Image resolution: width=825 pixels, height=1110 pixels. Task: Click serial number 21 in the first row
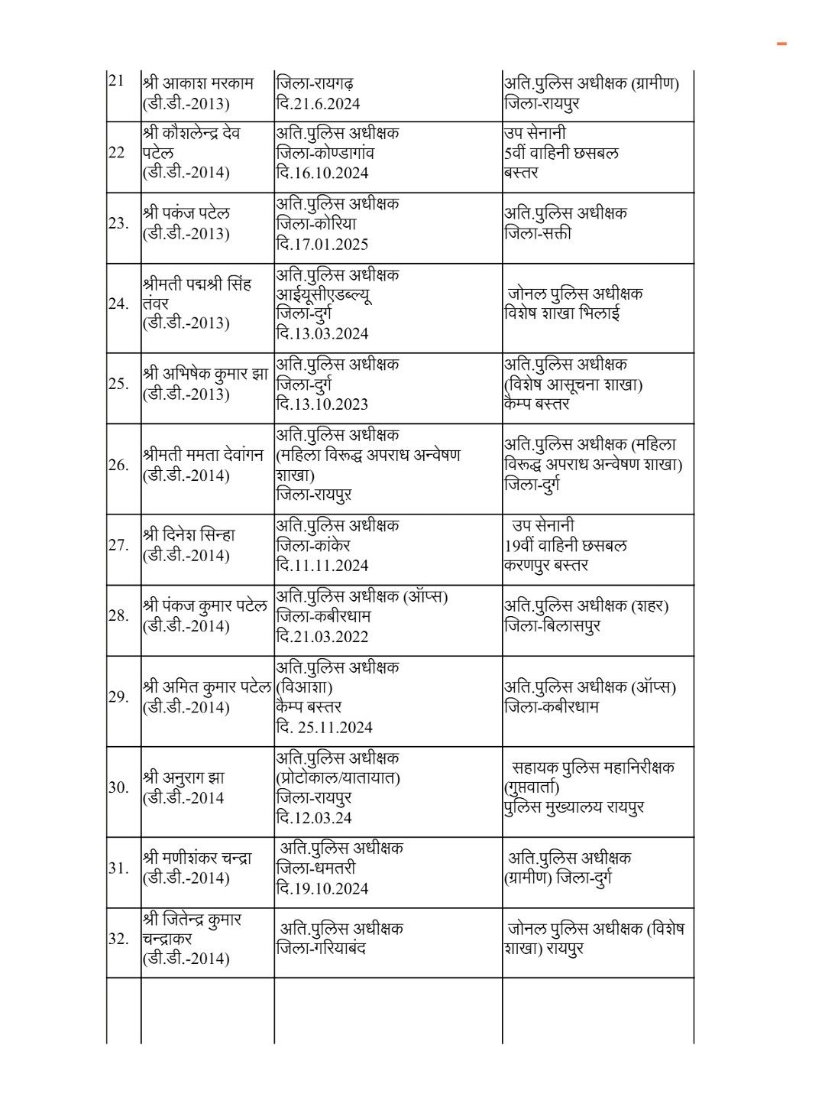pos(116,81)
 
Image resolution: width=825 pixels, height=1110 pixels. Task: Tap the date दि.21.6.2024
pos(319,103)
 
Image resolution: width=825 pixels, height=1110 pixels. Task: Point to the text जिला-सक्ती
pos(538,234)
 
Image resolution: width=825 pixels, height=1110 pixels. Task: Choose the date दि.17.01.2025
pos(322,245)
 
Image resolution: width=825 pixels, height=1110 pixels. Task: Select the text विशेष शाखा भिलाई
pos(562,313)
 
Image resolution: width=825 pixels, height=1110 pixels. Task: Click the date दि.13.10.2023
pos(322,404)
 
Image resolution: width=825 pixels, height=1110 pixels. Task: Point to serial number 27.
pos(118,545)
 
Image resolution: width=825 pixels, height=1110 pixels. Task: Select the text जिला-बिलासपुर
pos(552,626)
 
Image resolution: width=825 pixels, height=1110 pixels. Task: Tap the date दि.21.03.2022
pos(322,637)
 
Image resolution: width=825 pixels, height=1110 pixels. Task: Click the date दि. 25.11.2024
pos(325,727)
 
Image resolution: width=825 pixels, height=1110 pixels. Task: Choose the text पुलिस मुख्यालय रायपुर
pos(574,807)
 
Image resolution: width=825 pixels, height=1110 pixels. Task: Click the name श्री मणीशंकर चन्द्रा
pos(197,858)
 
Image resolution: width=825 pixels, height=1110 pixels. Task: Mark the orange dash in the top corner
pos(781,44)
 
